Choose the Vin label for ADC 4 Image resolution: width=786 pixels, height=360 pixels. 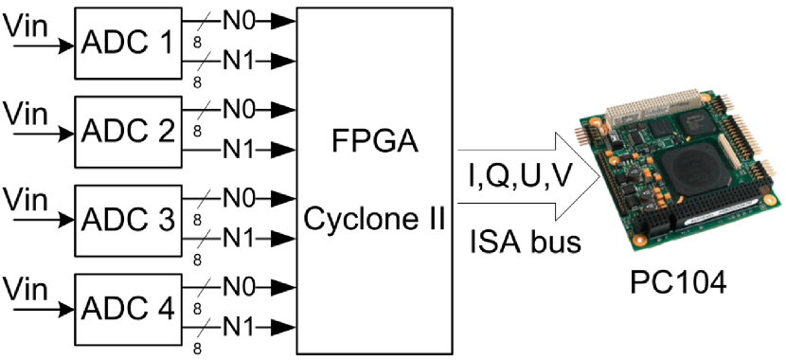(x=26, y=288)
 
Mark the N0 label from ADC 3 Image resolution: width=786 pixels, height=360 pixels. (x=237, y=198)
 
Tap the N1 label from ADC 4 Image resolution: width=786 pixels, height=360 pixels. (x=237, y=326)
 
